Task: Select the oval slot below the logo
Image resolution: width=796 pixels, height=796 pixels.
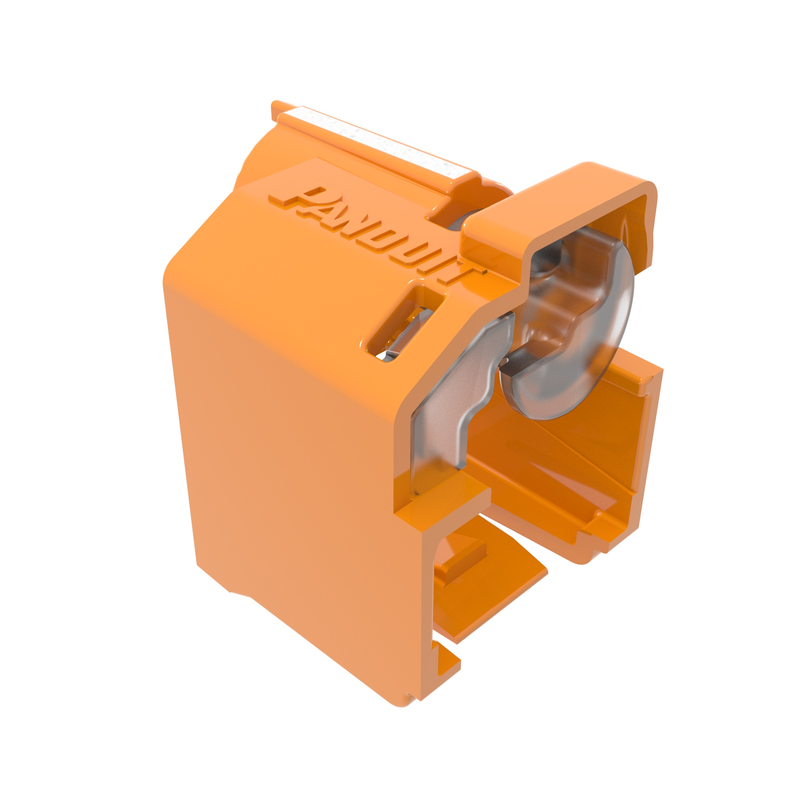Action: point(406,326)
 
